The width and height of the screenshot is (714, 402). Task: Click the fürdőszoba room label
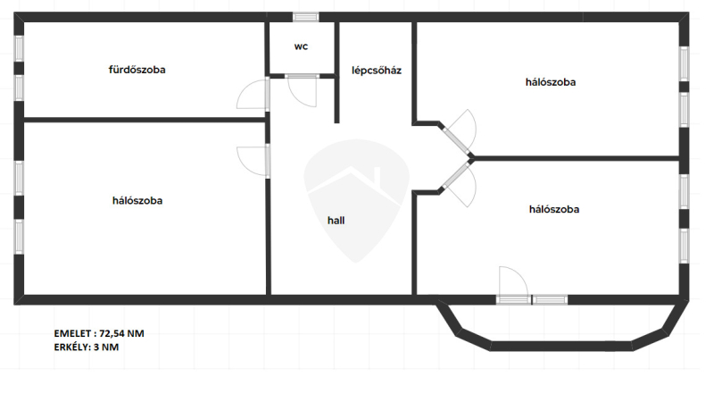[x=137, y=69]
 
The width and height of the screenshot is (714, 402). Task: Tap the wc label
[x=302, y=46]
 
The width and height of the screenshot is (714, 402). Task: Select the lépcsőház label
[x=376, y=70]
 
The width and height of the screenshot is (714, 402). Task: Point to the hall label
[x=336, y=219]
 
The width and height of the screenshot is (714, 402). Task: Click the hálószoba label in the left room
[x=137, y=200]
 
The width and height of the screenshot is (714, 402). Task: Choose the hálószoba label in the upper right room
[x=551, y=82]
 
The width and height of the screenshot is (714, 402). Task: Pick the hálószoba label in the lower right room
[x=554, y=210]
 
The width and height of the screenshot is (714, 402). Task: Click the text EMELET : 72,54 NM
[x=99, y=333]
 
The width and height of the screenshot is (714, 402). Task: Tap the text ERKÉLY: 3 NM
[x=87, y=348]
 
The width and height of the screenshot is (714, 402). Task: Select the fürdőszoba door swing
[x=252, y=95]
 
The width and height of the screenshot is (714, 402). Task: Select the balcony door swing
[x=515, y=281]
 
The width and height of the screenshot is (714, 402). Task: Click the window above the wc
[x=305, y=16]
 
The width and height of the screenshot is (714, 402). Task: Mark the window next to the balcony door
[x=550, y=299]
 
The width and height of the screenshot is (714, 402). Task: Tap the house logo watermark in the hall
[x=356, y=197]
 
